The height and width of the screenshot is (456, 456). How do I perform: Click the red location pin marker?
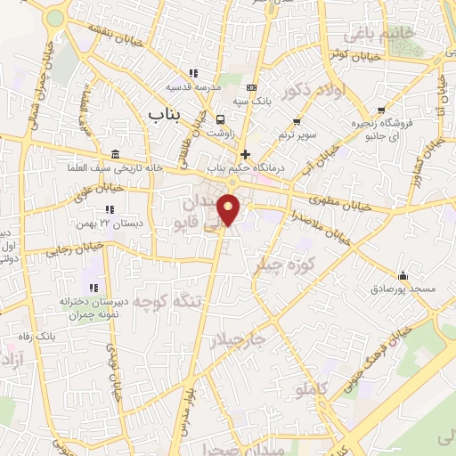coord(230,208)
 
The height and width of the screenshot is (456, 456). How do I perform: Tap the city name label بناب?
coord(167,114)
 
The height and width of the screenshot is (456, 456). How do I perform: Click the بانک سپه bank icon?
coord(252,88)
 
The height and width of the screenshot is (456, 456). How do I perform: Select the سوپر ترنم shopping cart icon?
coord(297,120)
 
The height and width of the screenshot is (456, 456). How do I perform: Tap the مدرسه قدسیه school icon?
coord(191,74)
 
